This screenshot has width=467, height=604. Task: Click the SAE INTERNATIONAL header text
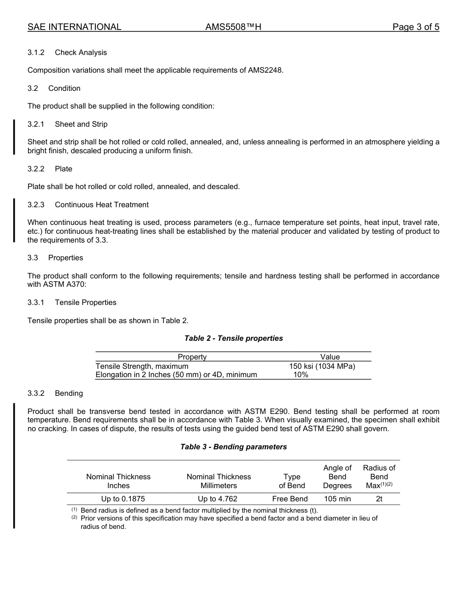[x=74, y=27]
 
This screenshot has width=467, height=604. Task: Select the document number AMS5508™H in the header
[x=233, y=27]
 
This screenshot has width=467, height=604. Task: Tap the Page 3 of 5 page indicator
[x=415, y=27]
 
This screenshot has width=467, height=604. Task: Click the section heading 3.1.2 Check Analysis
[x=67, y=53]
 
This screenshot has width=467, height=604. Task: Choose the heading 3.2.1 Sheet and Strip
[x=67, y=124]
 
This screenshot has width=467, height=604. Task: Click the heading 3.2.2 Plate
[x=50, y=169]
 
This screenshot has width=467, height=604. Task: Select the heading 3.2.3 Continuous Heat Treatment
[x=88, y=205]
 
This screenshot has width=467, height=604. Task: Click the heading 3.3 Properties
[x=56, y=258]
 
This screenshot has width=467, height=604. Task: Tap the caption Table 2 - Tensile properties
[x=233, y=338]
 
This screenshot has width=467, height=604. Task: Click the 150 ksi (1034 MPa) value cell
[x=322, y=366]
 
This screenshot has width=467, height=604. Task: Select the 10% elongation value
[x=301, y=375]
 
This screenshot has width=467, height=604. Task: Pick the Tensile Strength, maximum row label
[x=142, y=366]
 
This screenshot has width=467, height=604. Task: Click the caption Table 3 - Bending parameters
[x=233, y=447]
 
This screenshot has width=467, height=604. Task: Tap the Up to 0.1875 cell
[x=118, y=499]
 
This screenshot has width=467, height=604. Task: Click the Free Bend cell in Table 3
[x=290, y=499]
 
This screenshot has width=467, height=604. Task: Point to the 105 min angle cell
[x=337, y=499]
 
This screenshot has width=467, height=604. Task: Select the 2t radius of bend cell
[x=379, y=499]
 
